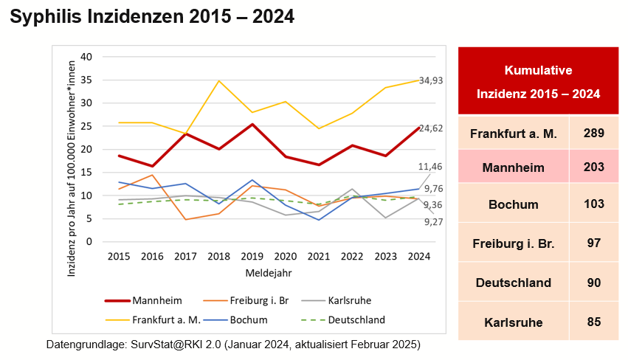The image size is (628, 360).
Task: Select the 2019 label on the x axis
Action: coord(252,257)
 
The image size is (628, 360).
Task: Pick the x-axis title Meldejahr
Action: coord(269,272)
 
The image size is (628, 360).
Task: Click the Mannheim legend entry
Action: coord(156,300)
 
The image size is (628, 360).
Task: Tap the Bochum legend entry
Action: coord(249,320)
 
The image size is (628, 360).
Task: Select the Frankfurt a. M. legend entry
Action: coord(166,320)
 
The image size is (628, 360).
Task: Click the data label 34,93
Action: coord(431,80)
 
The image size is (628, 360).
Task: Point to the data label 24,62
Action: coord(431,128)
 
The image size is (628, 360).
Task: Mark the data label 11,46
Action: coord(431,167)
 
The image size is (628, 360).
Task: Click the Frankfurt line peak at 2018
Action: coord(219,81)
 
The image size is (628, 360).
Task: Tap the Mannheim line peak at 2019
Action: coord(252,125)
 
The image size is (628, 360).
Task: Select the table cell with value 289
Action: coord(593,134)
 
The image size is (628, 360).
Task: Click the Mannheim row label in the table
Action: coord(514,167)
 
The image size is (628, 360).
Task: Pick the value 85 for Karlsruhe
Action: coord(593,322)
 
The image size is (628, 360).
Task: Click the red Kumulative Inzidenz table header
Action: coord(538,82)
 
